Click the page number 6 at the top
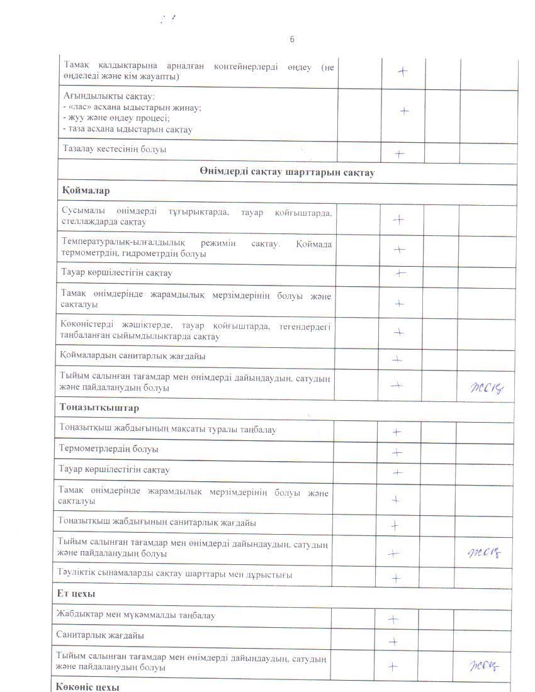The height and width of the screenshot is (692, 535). (x=292, y=39)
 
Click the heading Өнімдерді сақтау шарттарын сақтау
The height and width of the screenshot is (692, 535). (x=287, y=172)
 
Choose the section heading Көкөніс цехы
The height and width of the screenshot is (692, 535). (x=87, y=686)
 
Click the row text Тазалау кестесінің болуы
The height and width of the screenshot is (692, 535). (x=115, y=150)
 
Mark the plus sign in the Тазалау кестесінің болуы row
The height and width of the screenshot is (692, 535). (x=399, y=153)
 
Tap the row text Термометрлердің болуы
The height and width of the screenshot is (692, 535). (x=108, y=449)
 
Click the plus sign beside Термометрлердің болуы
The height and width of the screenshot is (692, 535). (x=397, y=452)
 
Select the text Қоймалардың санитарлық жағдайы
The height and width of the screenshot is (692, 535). (x=133, y=356)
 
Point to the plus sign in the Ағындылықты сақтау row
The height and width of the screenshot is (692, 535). (x=404, y=111)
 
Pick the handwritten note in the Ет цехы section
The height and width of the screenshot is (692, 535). (x=482, y=666)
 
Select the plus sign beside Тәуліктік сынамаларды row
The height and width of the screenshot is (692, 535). (x=396, y=578)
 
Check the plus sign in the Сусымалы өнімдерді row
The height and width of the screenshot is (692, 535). (x=398, y=220)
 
